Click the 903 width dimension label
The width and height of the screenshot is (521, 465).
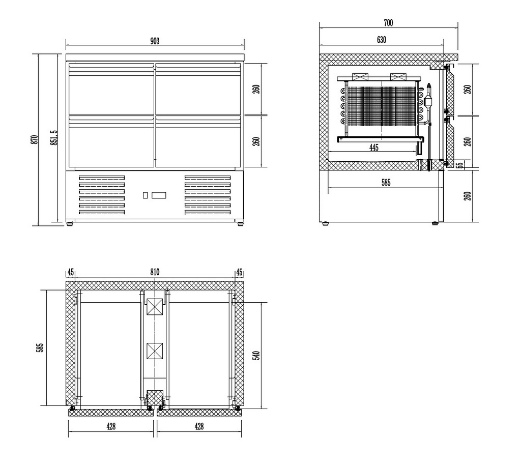point(155,41)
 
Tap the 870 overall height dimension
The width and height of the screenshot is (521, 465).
point(34,139)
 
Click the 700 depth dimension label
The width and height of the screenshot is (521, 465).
point(388,23)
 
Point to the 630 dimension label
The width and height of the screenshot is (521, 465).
point(382,40)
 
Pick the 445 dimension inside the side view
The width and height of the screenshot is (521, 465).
point(374,148)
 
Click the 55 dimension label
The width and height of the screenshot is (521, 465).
point(460,165)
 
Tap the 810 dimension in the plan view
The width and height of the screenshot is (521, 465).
point(155,272)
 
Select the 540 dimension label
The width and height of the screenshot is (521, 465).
point(256,356)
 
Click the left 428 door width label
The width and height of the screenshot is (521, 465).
point(111,426)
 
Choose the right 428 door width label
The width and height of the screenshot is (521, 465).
point(199,426)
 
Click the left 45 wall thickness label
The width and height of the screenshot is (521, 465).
point(71,272)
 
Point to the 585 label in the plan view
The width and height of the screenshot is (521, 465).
point(40,348)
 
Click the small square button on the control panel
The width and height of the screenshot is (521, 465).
point(145,195)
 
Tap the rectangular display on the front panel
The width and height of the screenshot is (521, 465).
point(159,195)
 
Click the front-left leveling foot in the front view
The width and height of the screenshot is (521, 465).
point(70,224)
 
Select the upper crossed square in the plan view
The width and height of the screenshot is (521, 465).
point(155,307)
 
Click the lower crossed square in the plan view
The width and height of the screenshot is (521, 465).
point(155,351)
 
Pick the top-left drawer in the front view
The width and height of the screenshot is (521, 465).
point(111,89)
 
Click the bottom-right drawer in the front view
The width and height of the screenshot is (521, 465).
point(198,141)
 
